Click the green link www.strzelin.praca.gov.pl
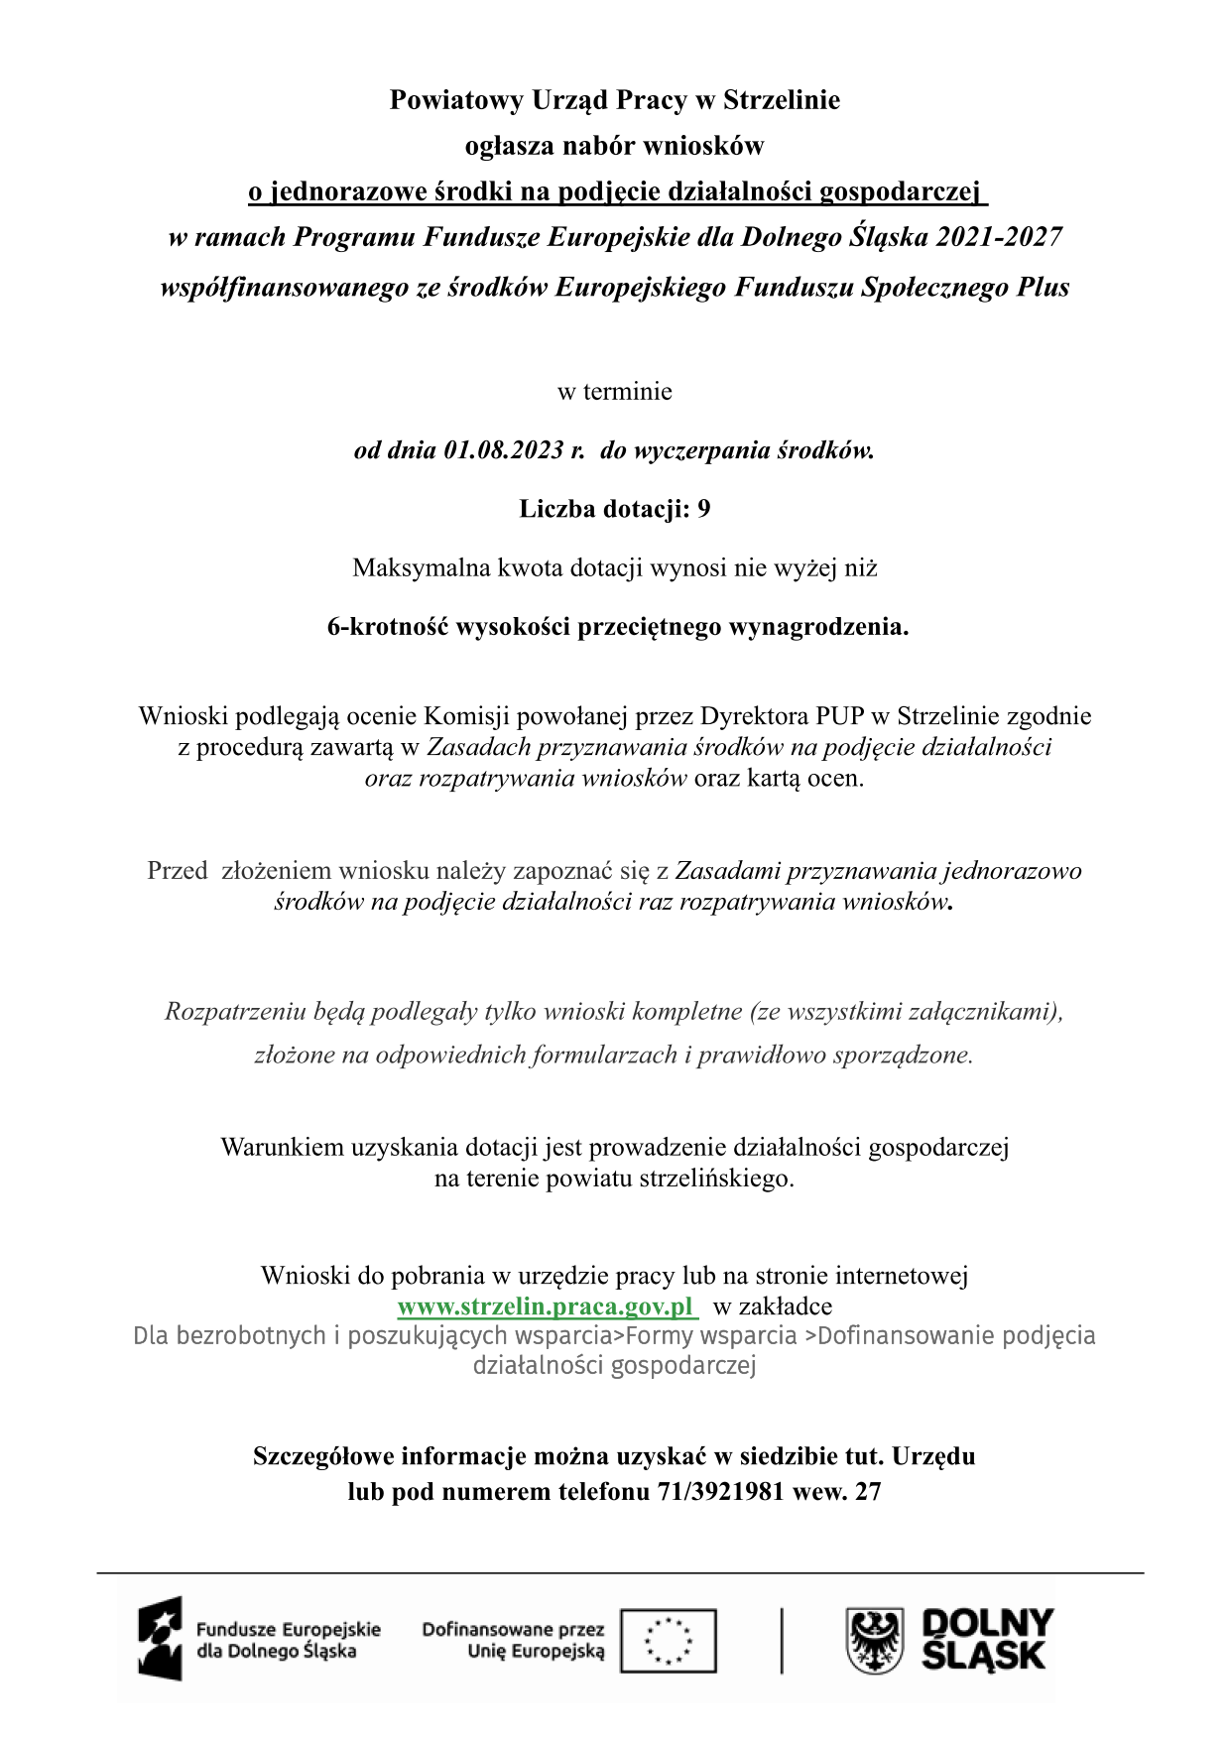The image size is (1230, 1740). (x=547, y=1305)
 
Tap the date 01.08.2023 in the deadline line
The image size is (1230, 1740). (x=503, y=450)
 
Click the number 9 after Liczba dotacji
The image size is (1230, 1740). (x=703, y=509)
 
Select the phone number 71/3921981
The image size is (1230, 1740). (x=720, y=1491)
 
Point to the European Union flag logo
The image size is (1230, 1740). (x=668, y=1640)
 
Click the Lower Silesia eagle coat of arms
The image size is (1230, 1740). (x=874, y=1641)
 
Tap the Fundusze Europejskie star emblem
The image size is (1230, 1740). (x=161, y=1638)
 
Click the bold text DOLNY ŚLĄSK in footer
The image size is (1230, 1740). (x=986, y=1640)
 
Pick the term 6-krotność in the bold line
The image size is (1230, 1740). (x=388, y=627)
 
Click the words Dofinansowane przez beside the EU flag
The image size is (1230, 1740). (x=513, y=1629)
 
